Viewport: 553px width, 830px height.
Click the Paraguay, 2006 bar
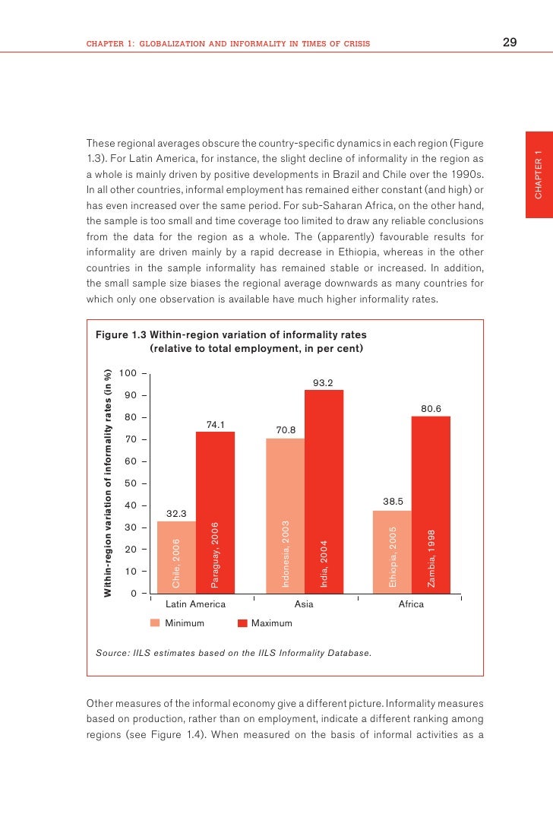click(x=215, y=512)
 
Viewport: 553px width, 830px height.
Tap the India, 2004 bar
click(x=324, y=491)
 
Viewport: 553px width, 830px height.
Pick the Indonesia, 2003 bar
click(x=285, y=515)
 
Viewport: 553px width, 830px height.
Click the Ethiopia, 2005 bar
click(x=392, y=551)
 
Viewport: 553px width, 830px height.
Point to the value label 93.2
click(x=324, y=382)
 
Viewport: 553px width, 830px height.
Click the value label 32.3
click(x=176, y=514)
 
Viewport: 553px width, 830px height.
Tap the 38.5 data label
click(x=392, y=502)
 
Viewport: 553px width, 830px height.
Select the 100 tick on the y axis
click(x=128, y=374)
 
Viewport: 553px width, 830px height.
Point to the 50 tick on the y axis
click(x=130, y=483)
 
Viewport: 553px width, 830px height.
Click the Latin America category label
click(x=195, y=604)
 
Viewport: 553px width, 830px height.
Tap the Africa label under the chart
click(x=411, y=604)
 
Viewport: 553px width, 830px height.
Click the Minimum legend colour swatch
click(x=155, y=623)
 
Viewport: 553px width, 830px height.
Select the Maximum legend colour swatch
click(x=243, y=623)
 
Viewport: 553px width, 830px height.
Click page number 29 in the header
click(x=510, y=43)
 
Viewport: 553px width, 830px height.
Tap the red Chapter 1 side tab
click(x=539, y=175)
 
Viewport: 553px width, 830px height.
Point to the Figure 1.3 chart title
click(x=230, y=342)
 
